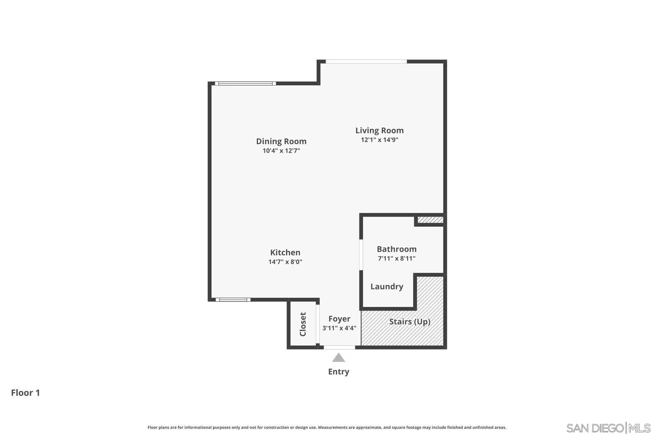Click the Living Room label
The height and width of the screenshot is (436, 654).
(379, 130)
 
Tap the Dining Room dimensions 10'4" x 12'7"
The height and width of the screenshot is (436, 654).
(281, 151)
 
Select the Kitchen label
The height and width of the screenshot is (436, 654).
(285, 253)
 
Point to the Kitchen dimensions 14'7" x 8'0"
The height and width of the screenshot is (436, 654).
(285, 262)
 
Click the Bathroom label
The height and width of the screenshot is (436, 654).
(396, 249)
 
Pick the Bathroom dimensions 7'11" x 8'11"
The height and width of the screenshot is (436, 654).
(396, 259)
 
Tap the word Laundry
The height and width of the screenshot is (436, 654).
(387, 287)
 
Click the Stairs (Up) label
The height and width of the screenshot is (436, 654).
(410, 322)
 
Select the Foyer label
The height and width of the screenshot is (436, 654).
(339, 319)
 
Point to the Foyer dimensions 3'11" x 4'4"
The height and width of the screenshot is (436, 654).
(339, 328)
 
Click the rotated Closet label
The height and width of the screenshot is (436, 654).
(303, 324)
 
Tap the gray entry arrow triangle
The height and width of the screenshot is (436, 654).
(339, 358)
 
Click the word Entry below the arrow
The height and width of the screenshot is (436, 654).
(339, 372)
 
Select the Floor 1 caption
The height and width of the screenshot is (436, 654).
(25, 393)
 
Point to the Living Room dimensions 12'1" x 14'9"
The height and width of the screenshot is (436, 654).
(379, 140)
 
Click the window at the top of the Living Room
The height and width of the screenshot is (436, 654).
(366, 61)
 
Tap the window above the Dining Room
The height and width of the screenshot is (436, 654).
(245, 84)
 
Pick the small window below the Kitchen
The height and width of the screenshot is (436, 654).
(233, 300)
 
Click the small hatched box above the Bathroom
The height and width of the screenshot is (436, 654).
(430, 220)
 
